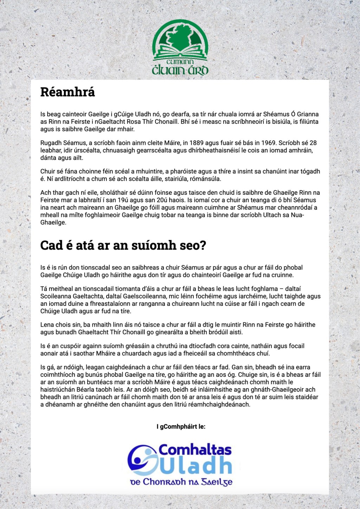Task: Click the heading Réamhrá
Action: point(67,92)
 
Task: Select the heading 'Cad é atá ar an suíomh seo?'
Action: point(123,245)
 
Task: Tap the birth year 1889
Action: point(197,143)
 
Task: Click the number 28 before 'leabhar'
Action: point(313,143)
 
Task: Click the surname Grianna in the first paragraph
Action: point(308,114)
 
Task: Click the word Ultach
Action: point(273,215)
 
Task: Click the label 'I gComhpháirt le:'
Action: point(181,427)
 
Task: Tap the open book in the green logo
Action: point(180,51)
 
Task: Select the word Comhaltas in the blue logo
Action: point(195,450)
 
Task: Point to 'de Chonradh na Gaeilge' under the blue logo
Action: point(181,482)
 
